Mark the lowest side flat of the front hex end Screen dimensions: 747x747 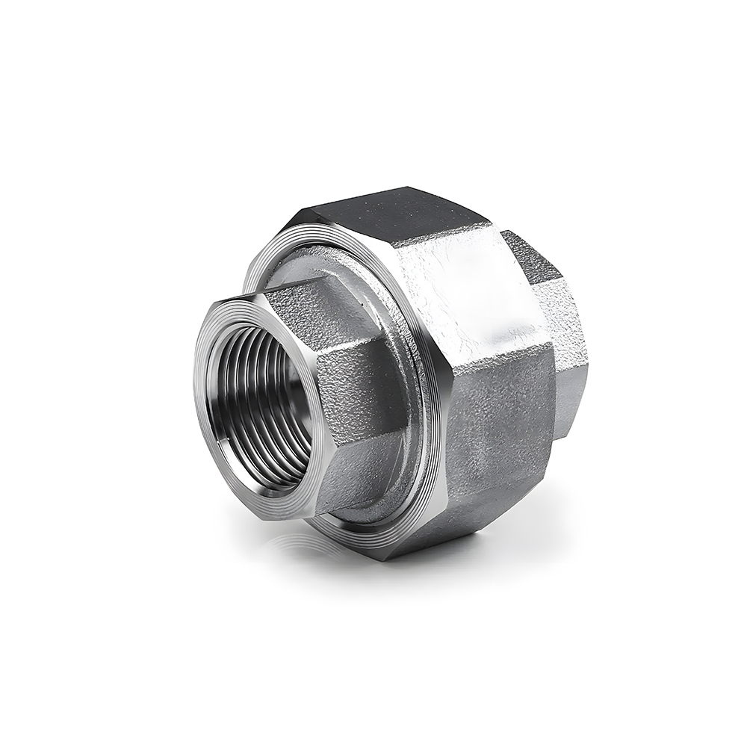click(x=359, y=471)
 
